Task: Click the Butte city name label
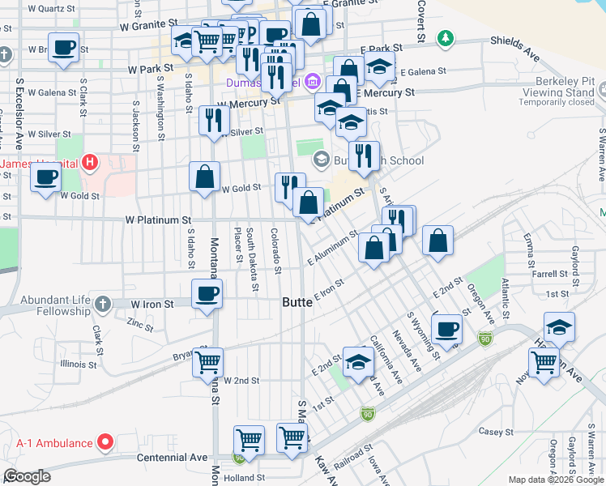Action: pos(297,302)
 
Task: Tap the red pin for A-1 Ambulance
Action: pos(105,442)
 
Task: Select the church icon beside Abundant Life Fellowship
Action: pos(101,304)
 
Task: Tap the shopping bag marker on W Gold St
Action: pos(206,176)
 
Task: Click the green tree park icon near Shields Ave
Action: pos(445,38)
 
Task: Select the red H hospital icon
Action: pos(91,163)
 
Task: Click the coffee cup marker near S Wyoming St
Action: pos(446,329)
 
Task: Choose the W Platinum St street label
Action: pos(158,220)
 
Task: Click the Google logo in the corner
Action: pos(27,476)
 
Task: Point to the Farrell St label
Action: pos(551,275)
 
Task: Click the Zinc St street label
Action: pos(139,326)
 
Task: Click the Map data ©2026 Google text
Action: pos(555,480)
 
